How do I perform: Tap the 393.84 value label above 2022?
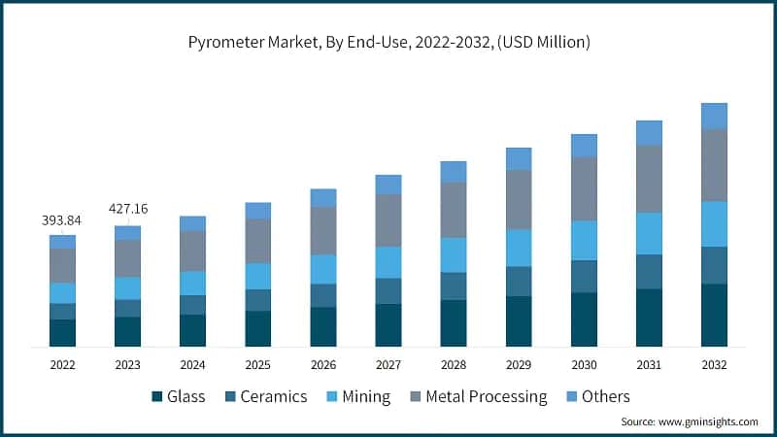pyautogui.click(x=62, y=220)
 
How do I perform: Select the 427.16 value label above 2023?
pyautogui.click(x=127, y=208)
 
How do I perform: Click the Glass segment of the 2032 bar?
pyautogui.click(x=714, y=315)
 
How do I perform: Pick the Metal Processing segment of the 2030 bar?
pyautogui.click(x=584, y=188)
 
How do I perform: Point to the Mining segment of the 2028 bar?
pyautogui.click(x=454, y=254)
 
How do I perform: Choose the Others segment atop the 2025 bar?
pyautogui.click(x=257, y=210)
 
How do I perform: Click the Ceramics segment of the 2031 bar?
pyautogui.click(x=649, y=271)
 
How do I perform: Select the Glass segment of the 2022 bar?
pyautogui.click(x=62, y=332)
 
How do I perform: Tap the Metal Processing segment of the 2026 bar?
pyautogui.click(x=323, y=230)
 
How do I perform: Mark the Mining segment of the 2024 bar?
pyautogui.click(x=192, y=283)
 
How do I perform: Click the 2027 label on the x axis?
pyautogui.click(x=388, y=364)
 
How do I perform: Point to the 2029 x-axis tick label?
pyautogui.click(x=519, y=364)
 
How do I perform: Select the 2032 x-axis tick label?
pyautogui.click(x=714, y=364)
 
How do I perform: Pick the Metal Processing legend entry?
pyautogui.click(x=480, y=396)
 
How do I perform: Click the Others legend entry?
pyautogui.click(x=597, y=396)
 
